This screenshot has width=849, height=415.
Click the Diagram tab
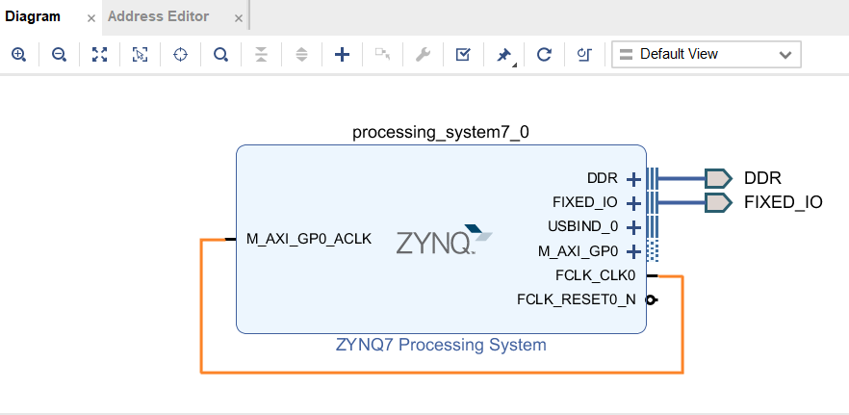pyautogui.click(x=33, y=16)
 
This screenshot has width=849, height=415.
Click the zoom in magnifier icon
pyautogui.click(x=18, y=55)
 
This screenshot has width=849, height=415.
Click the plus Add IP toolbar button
pyautogui.click(x=342, y=55)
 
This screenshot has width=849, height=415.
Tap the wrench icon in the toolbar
pyautogui.click(x=422, y=55)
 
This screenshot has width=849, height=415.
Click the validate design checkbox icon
pyautogui.click(x=462, y=55)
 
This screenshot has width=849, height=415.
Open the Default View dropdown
pyautogui.click(x=706, y=55)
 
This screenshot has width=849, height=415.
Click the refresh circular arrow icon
pyautogui.click(x=543, y=55)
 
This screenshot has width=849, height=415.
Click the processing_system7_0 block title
pyautogui.click(x=440, y=133)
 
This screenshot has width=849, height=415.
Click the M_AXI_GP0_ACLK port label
pyautogui.click(x=308, y=240)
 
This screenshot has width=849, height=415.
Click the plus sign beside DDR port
pyautogui.click(x=633, y=179)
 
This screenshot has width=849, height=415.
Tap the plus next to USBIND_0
pyautogui.click(x=633, y=227)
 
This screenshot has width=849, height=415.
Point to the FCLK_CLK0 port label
pyautogui.click(x=595, y=275)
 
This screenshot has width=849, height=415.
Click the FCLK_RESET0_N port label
pyautogui.click(x=576, y=299)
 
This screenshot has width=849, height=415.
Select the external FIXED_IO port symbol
pyautogui.click(x=717, y=202)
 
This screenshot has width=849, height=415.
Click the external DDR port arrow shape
pyautogui.click(x=717, y=178)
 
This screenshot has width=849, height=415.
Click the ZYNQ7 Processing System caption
pyautogui.click(x=441, y=345)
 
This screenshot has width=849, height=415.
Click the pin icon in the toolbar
pyautogui.click(x=502, y=55)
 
